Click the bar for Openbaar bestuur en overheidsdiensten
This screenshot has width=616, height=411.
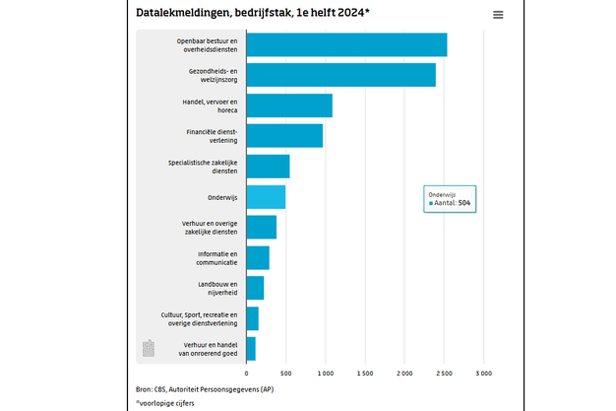click(345, 45)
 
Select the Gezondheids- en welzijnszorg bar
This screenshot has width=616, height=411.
click(340, 75)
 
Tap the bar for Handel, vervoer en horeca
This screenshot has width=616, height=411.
click(288, 105)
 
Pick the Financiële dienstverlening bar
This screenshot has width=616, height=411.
click(283, 136)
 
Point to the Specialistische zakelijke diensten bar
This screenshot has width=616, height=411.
click(268, 167)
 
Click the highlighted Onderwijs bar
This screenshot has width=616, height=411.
click(266, 197)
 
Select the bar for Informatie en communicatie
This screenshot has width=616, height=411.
click(258, 257)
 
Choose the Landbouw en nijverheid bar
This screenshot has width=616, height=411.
click(255, 288)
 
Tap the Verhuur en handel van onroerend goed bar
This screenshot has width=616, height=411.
click(251, 349)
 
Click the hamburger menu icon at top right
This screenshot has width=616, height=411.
click(498, 15)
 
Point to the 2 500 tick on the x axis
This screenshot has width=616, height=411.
click(445, 374)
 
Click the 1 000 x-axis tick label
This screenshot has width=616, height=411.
click(326, 374)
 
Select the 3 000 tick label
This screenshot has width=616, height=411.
click(484, 374)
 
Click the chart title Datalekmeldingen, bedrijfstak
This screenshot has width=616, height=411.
click(247, 13)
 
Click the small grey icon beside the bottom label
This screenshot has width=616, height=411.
click(149, 348)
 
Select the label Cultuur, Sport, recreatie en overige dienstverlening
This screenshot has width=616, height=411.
click(199, 318)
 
